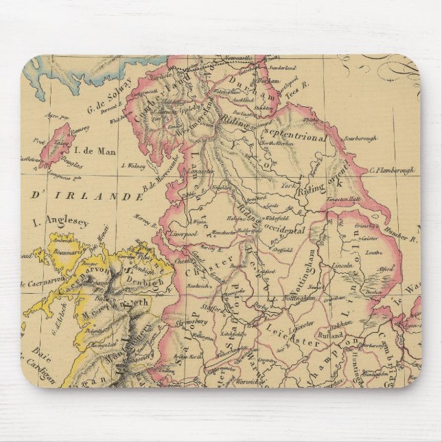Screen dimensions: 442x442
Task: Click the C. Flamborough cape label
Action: tap(394, 172)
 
